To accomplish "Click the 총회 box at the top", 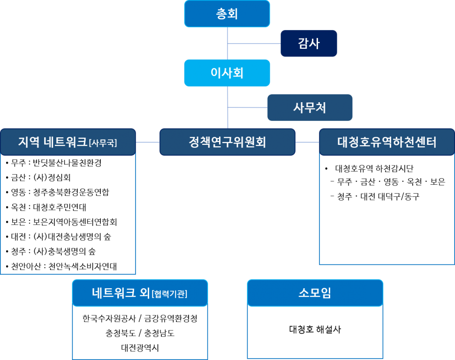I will pos(227,14).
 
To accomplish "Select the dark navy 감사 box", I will pos(309,44).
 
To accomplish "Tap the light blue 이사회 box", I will pos(227,73).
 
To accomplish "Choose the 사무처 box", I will pos(310,107).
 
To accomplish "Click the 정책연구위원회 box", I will pos(227,142).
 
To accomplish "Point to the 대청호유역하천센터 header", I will pos(387,142).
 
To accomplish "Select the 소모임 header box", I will pos(315,293).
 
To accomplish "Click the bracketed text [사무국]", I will pos(103,143).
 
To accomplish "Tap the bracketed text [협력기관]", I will pos(170,294).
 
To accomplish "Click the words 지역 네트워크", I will pos(53,142).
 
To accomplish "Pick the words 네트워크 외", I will pos(121,293).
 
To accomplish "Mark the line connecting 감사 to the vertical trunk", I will pos(254,44).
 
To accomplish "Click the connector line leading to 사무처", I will pos(248,107).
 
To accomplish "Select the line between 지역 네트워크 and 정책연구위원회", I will pos(148,142).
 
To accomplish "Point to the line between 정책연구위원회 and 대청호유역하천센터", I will pos(307,142).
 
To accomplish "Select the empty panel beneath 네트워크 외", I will pos(140,333).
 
